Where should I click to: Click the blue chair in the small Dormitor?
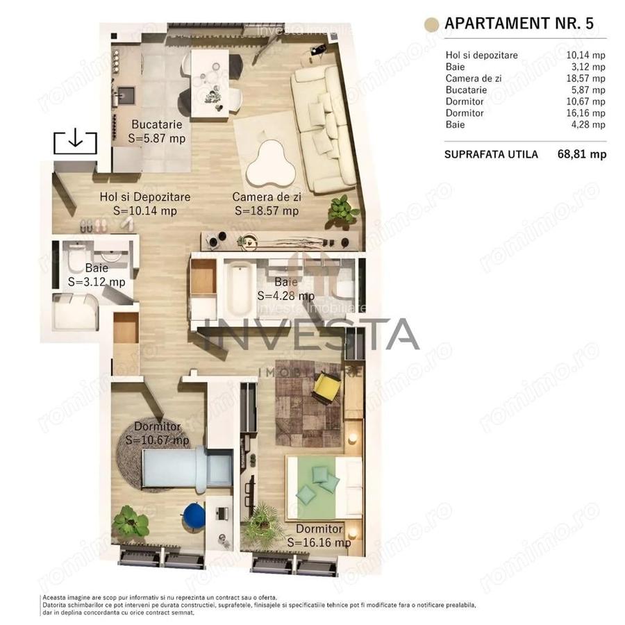193,515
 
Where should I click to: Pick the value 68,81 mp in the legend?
582,154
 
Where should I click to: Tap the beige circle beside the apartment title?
432,24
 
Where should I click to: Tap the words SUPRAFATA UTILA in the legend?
491,154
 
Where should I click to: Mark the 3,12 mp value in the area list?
591,67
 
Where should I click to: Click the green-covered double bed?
325,486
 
